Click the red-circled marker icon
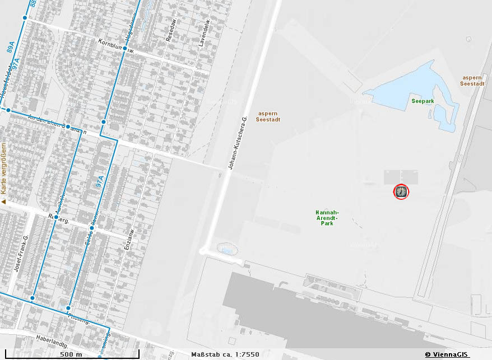402,192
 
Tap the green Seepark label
423,101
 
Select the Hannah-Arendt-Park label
327,218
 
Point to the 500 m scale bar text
71,354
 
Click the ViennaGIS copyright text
446,354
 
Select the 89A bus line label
11,46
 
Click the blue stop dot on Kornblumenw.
125,48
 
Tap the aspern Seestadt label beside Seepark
472,80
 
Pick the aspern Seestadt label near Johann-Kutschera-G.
267,116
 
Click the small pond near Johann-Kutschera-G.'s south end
226,249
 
